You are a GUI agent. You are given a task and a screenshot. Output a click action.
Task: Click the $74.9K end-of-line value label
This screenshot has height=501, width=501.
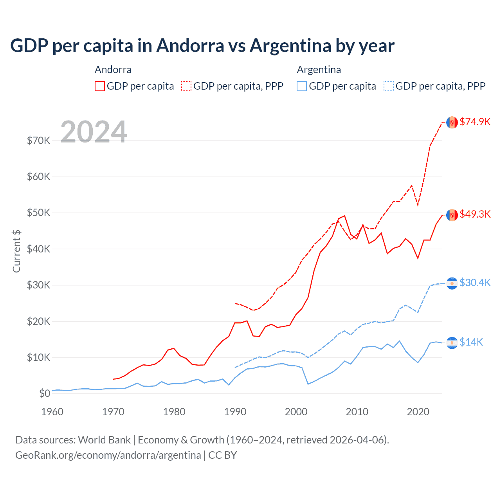tap(475, 122)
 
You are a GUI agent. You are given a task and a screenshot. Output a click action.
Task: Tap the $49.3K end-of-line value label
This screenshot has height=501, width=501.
tap(475, 214)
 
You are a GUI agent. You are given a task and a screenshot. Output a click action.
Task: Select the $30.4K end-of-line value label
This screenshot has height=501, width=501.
tap(475, 283)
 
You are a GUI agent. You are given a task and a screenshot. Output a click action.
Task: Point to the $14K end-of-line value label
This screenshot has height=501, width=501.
tap(471, 342)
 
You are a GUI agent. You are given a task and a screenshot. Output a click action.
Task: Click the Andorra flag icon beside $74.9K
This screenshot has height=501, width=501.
tap(452, 122)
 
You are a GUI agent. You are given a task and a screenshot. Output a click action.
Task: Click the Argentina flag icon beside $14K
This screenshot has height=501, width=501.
tap(452, 343)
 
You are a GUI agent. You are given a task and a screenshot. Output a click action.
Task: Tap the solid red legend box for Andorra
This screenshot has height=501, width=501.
tap(100, 86)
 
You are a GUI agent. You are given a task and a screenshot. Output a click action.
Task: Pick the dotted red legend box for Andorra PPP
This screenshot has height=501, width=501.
tap(186, 86)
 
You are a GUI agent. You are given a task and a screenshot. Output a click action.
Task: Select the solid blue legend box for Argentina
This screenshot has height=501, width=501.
tap(302, 86)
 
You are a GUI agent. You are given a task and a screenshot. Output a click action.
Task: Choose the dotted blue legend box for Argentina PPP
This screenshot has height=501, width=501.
tap(389, 86)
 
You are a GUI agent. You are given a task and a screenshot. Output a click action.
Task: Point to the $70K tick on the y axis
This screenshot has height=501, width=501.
tap(38, 141)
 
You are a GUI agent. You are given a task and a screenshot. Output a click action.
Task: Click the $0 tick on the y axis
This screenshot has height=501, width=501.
tap(45, 393)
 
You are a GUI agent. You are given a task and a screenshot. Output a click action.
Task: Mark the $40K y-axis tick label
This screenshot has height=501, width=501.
tap(38, 249)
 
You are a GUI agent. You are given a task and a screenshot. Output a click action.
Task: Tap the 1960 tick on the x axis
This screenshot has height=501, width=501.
tap(52, 412)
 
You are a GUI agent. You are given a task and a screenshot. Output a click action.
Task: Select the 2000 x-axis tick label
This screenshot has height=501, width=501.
tap(296, 412)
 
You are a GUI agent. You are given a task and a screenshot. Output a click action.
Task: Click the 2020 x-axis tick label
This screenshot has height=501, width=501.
tap(418, 412)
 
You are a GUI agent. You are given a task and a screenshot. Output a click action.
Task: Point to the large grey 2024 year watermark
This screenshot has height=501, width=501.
tap(94, 132)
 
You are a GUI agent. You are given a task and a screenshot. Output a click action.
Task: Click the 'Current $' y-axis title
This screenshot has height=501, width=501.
tap(16, 251)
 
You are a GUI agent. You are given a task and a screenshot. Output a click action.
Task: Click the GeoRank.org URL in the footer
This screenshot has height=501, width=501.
tap(108, 455)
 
